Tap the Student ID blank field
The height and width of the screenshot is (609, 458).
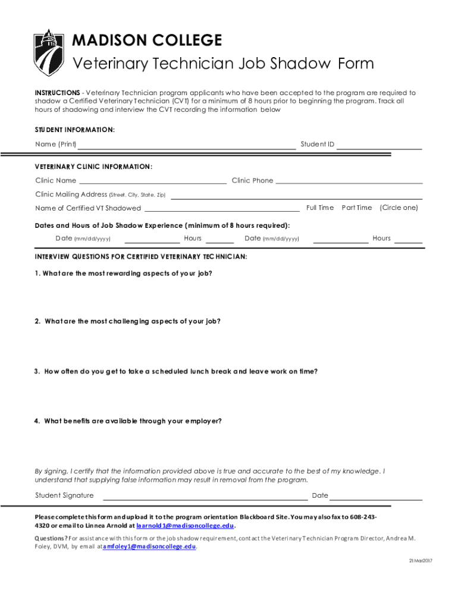pyautogui.click(x=379, y=146)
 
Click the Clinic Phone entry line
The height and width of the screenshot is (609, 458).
pyautogui.click(x=349, y=183)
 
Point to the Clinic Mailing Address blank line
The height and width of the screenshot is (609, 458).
pyautogui.click(x=297, y=197)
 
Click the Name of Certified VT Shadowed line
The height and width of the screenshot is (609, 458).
pyautogui.click(x=222, y=210)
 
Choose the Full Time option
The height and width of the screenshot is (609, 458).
pyautogui.click(x=320, y=208)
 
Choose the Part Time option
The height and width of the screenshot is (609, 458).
pyautogui.click(x=357, y=208)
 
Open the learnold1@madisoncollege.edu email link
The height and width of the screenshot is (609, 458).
pyautogui.click(x=186, y=526)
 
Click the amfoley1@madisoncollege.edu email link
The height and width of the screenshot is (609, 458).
pyautogui.click(x=149, y=547)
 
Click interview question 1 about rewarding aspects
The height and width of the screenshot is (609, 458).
pyautogui.click(x=123, y=273)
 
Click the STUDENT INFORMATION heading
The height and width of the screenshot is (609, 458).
pyautogui.click(x=75, y=129)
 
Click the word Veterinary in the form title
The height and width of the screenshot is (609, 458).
pyautogui.click(x=107, y=64)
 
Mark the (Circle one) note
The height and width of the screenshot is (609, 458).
pyautogui.click(x=399, y=208)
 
